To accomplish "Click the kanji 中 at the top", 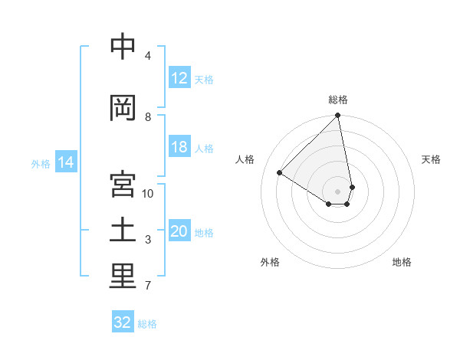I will tap(123, 47).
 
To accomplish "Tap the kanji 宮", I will tap(123, 184).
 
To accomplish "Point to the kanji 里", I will tap(123, 277).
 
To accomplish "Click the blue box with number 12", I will tap(179, 78).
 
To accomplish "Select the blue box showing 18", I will tap(179, 147).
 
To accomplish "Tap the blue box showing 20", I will tap(179, 231).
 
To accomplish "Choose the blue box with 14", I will tap(65, 162).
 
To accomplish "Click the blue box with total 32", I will tap(123, 322).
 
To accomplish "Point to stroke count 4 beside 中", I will tap(148, 56).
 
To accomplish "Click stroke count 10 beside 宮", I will tap(148, 193).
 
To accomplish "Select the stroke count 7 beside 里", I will tap(148, 286).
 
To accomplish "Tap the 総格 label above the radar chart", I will tap(338, 100).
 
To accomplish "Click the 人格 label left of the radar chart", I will tap(245, 159).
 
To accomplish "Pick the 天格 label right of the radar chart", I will tap(431, 159).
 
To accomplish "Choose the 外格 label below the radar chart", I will tap(270, 262).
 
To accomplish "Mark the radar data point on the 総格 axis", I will tap(338, 116).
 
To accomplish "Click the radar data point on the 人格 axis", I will tap(280, 172).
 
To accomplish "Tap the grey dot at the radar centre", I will tap(338, 191).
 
